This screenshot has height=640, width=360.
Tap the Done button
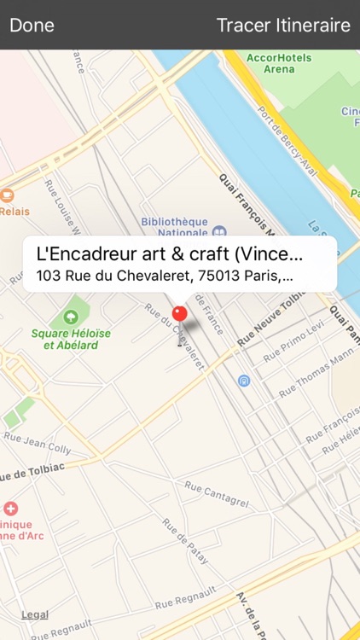click(x=32, y=25)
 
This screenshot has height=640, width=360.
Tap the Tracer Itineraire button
click(x=283, y=25)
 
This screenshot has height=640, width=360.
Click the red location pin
click(x=179, y=314)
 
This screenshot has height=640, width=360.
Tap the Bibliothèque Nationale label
click(x=175, y=225)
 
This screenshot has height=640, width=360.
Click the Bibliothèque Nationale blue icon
click(x=220, y=230)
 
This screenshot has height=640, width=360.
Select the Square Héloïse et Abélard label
click(x=64, y=339)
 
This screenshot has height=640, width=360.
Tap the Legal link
click(x=35, y=614)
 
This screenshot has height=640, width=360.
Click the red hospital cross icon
click(x=10, y=509)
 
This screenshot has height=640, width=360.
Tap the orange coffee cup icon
click(x=8, y=195)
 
